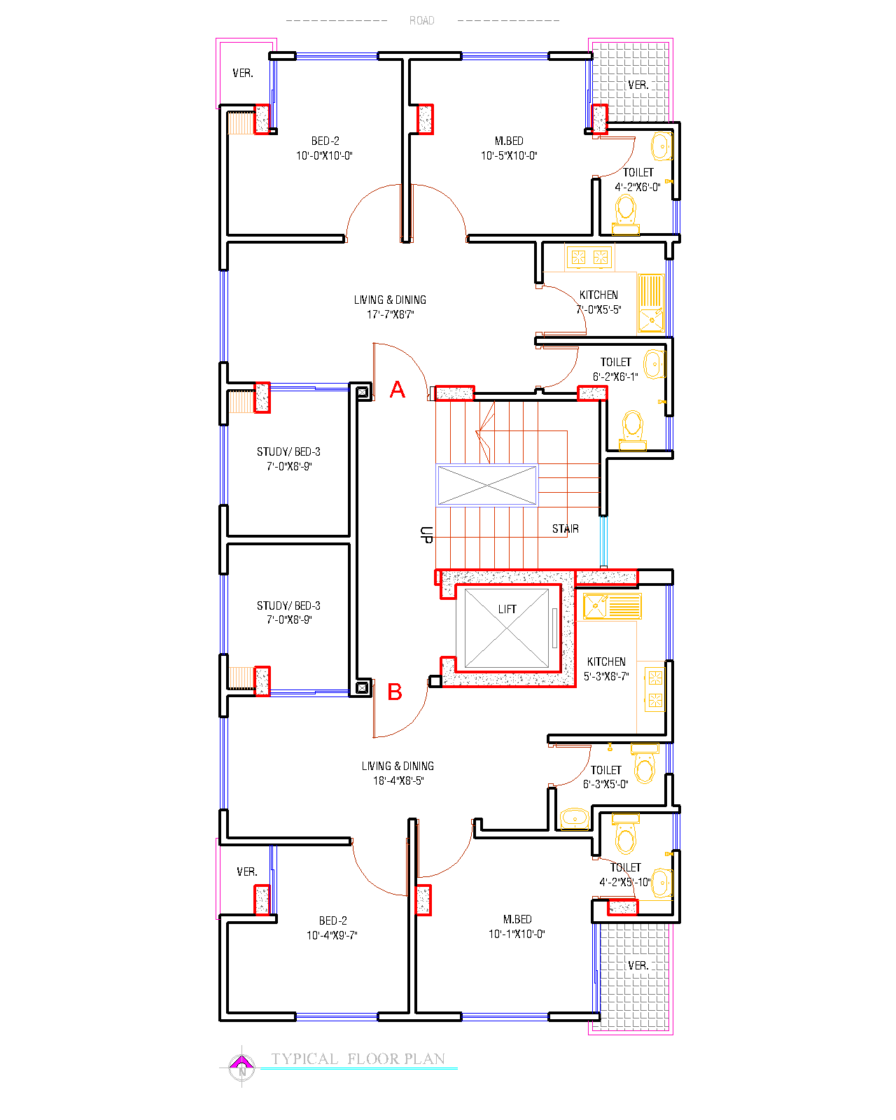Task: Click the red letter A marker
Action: [397, 389]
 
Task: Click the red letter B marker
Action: [395, 692]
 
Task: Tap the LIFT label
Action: [507, 609]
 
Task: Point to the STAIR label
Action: [565, 528]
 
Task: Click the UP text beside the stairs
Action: [426, 535]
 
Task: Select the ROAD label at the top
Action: [421, 20]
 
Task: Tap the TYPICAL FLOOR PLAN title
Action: [358, 1059]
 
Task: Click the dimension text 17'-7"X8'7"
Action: [390, 314]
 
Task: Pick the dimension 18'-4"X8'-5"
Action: [398, 780]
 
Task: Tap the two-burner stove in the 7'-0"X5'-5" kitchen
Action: [589, 257]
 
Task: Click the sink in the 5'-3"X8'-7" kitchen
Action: [612, 605]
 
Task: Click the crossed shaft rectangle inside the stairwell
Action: [486, 486]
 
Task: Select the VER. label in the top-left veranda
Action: [243, 73]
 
